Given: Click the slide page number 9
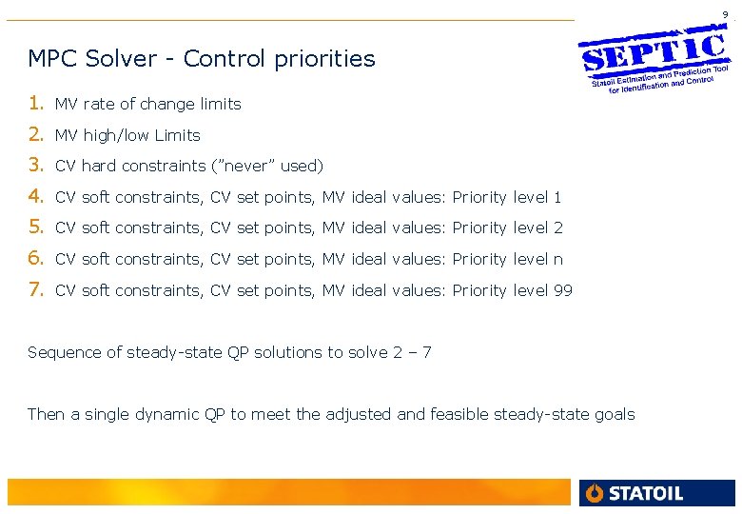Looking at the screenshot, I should [x=725, y=14].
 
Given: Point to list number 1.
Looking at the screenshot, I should [x=35, y=103].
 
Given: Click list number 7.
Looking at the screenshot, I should [x=35, y=290].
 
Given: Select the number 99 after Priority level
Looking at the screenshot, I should [x=563, y=290].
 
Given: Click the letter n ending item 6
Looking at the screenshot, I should [x=558, y=259].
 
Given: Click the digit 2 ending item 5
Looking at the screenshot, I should [x=558, y=228].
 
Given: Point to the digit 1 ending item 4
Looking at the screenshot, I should [x=558, y=197].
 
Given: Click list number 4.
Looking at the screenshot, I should [x=35, y=197].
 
